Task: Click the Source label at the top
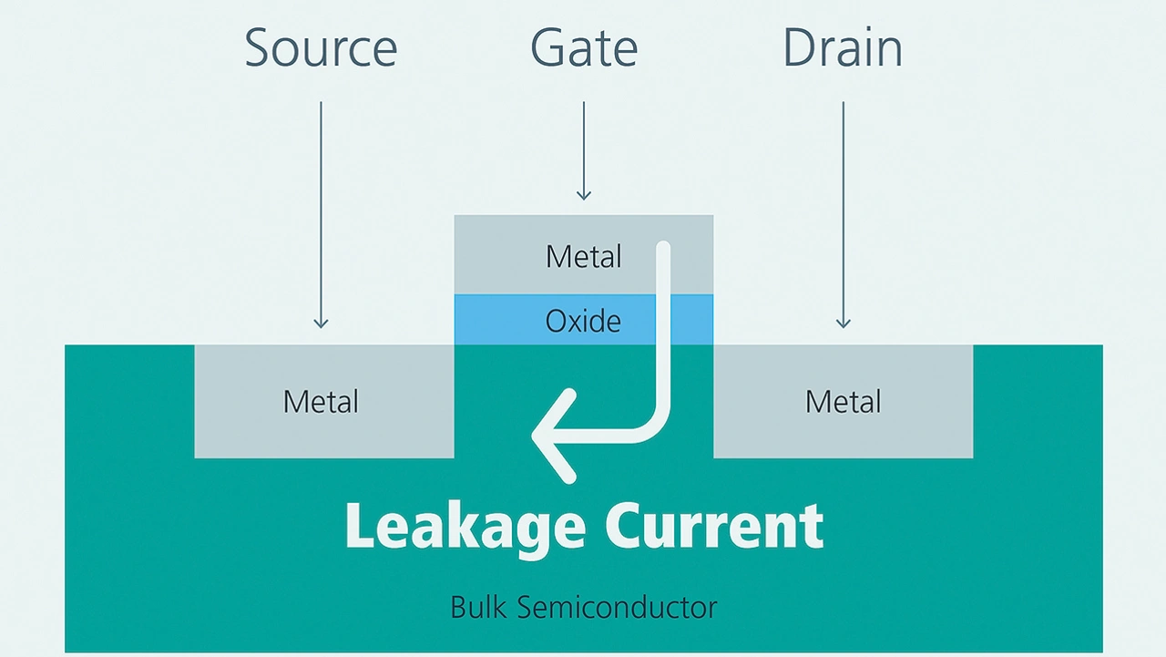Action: tap(321, 47)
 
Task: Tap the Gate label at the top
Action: tap(584, 47)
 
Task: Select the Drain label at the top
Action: tap(843, 47)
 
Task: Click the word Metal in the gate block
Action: tap(583, 256)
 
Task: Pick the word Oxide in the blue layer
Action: tap(583, 321)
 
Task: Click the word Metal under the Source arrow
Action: tap(321, 401)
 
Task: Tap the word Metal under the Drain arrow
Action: tap(843, 401)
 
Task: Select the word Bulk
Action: tap(483, 607)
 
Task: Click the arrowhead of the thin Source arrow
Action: tap(321, 323)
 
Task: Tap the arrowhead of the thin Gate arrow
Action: tap(584, 195)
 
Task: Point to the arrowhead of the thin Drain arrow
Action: tap(844, 323)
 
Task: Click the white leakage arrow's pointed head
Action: tap(539, 436)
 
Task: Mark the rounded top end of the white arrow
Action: tap(663, 249)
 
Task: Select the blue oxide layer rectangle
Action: tap(510, 320)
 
